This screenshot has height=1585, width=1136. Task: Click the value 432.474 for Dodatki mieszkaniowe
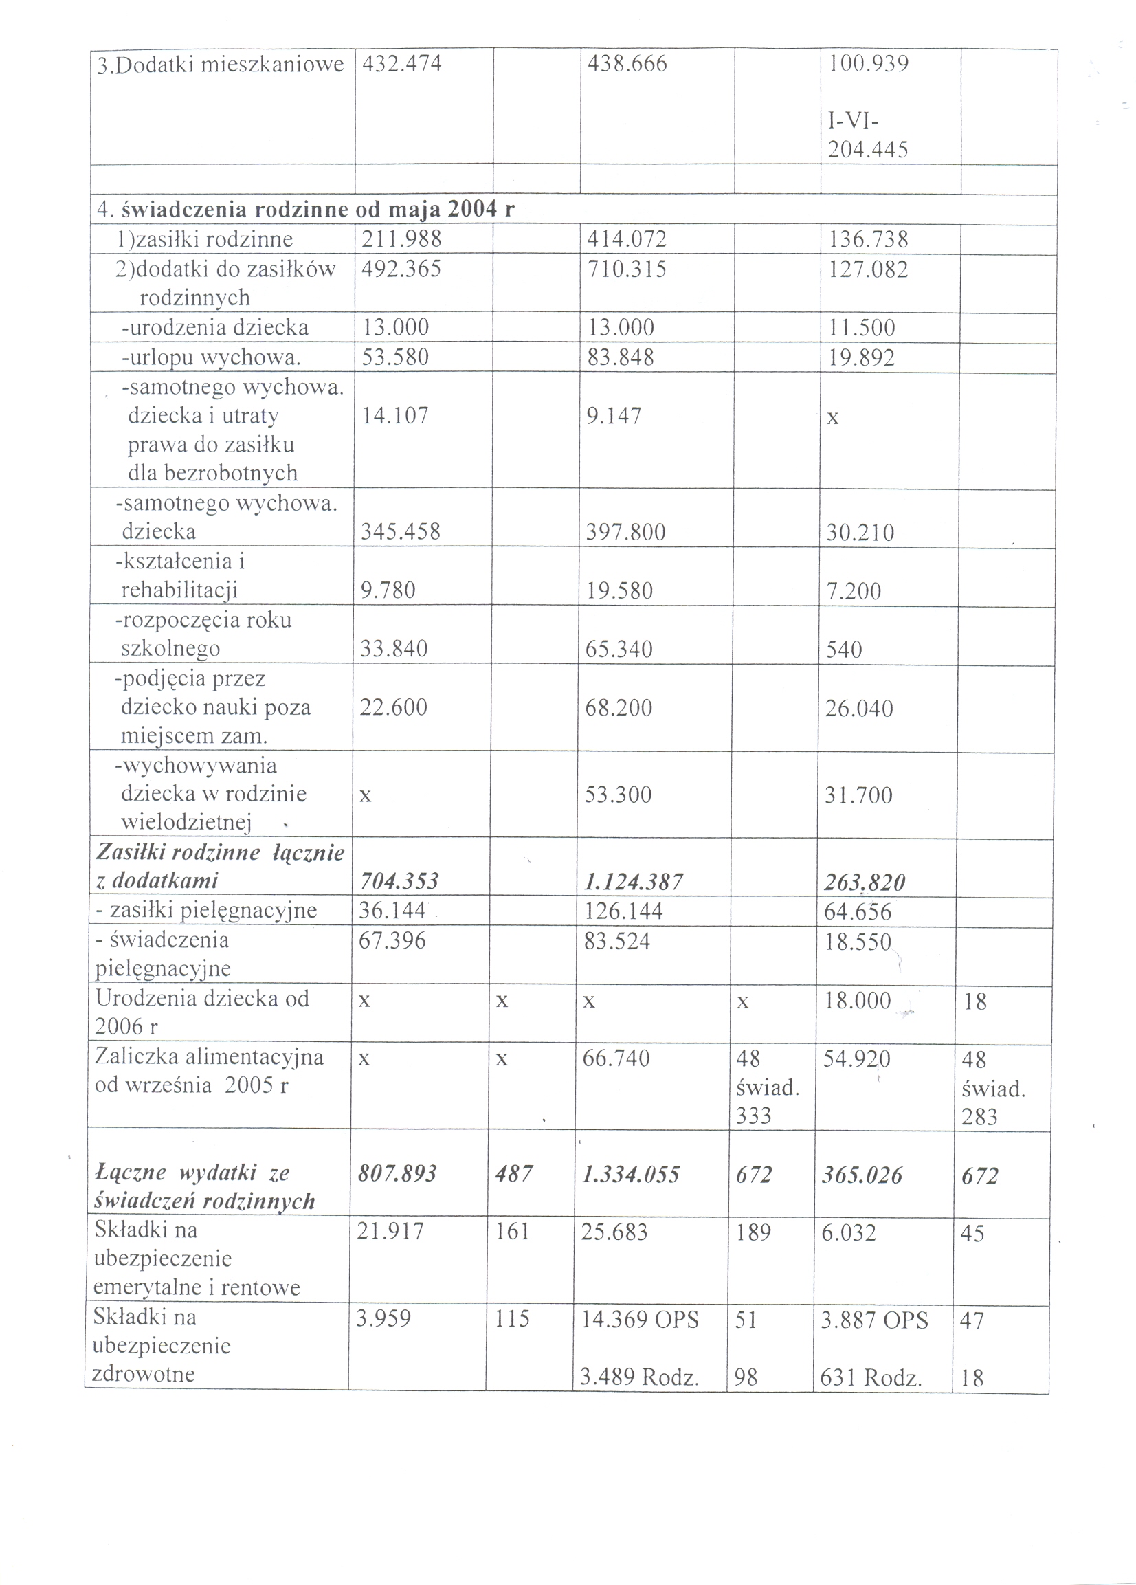click(x=401, y=65)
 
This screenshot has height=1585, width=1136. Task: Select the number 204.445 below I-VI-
click(x=868, y=150)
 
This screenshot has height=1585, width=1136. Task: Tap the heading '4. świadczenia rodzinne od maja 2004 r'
click(x=306, y=209)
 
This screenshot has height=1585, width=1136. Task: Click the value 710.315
click(x=627, y=269)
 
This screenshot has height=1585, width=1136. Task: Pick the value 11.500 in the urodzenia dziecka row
click(x=860, y=328)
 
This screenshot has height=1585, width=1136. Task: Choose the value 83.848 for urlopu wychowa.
click(x=621, y=357)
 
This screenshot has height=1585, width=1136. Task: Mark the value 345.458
click(x=401, y=532)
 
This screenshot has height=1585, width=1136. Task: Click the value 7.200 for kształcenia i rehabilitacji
click(x=853, y=591)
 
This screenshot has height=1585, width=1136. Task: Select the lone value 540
click(x=844, y=650)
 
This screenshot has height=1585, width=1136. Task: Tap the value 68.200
click(x=619, y=707)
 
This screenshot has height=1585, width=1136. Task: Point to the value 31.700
click(x=858, y=795)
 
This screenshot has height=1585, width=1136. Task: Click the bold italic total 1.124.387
click(x=633, y=883)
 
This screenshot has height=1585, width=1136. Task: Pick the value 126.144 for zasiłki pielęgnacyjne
click(x=623, y=911)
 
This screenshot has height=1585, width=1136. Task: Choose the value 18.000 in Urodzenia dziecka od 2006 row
click(x=857, y=1001)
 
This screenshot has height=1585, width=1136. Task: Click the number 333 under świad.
click(x=753, y=1116)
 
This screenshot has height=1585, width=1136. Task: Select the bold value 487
click(x=513, y=1174)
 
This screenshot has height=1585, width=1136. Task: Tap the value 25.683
click(x=614, y=1232)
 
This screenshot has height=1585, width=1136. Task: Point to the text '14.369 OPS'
click(x=640, y=1319)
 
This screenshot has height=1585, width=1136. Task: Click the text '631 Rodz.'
click(x=871, y=1377)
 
